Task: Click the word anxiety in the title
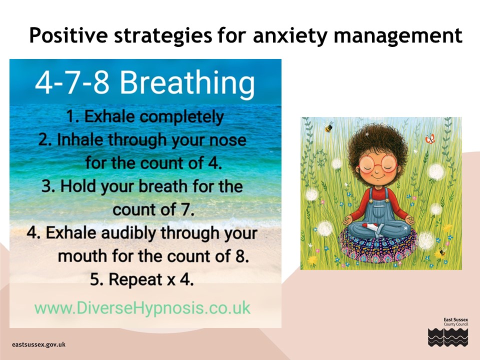coord(290,36)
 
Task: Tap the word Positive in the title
coord(68,35)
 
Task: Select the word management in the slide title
coord(398,35)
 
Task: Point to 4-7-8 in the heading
coord(72,82)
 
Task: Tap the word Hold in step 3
coord(78,186)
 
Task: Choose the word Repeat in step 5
coord(135,280)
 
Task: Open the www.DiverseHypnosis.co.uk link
coord(142,308)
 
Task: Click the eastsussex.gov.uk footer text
coord(39,344)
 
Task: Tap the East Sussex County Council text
coord(456,321)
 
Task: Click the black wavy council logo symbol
coord(448,337)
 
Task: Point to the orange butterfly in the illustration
coord(430,139)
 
